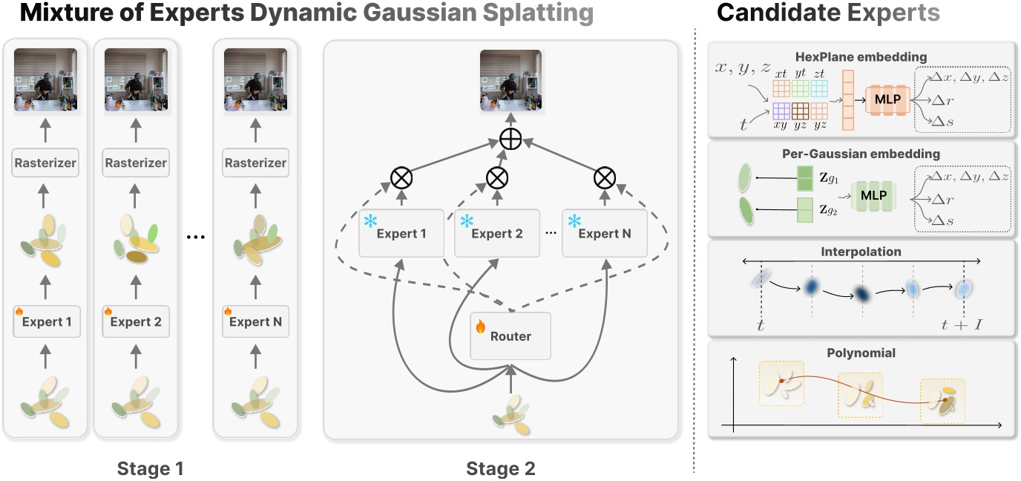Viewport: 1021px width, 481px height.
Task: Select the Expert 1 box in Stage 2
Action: pyautogui.click(x=401, y=233)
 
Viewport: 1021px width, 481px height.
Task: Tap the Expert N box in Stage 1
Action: pyautogui.click(x=255, y=322)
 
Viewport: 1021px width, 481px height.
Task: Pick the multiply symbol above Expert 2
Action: pyautogui.click(x=497, y=177)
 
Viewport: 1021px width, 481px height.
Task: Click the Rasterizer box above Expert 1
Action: pyautogui.click(x=46, y=163)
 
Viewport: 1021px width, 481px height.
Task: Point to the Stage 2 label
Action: pyautogui.click(x=500, y=468)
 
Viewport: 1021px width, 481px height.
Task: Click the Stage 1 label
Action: pyautogui.click(x=151, y=468)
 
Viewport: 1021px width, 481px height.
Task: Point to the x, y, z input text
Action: pyautogui.click(x=743, y=68)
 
